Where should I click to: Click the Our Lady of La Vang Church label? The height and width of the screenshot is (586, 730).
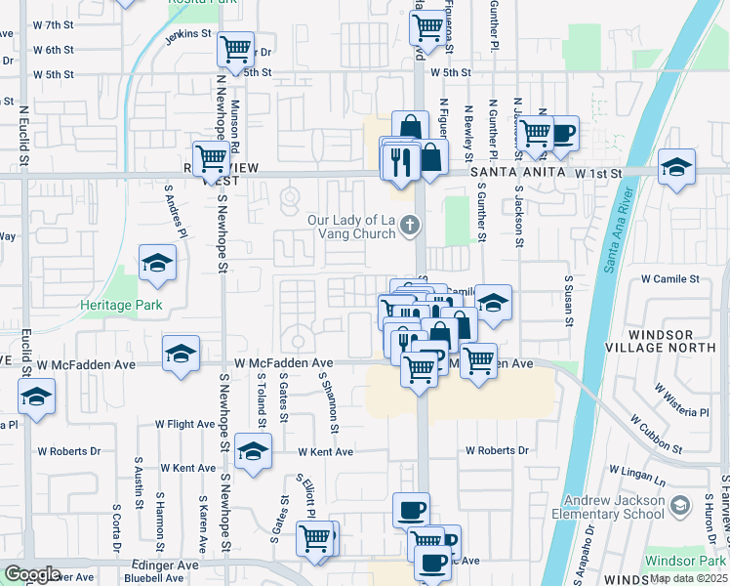[350, 227]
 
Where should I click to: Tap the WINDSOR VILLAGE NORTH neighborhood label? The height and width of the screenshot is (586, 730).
[673, 342]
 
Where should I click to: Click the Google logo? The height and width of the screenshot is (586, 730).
[32, 574]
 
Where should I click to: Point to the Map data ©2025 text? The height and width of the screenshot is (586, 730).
[688, 578]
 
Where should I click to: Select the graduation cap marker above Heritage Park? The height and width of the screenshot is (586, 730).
[155, 263]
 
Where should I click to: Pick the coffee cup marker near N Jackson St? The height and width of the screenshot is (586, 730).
[563, 131]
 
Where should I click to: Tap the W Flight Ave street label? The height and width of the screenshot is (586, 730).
[185, 425]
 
